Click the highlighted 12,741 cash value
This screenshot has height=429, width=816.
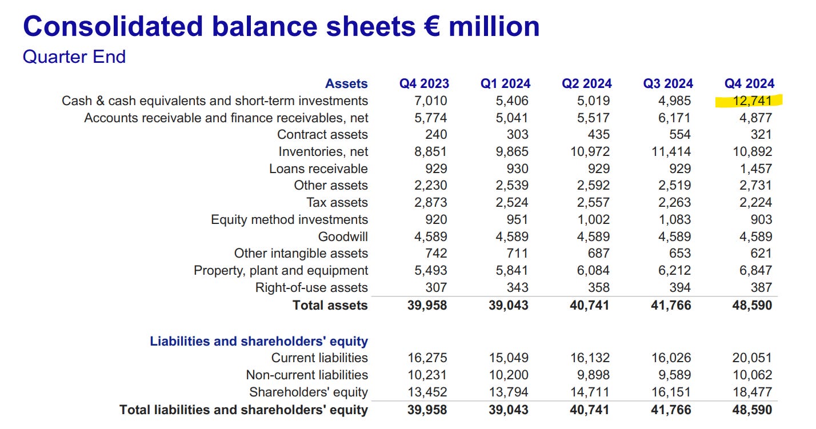click(752, 101)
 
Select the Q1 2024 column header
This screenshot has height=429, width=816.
click(505, 84)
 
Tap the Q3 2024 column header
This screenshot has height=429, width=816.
click(668, 84)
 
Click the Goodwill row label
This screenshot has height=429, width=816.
click(343, 236)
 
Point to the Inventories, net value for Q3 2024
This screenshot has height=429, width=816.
click(671, 151)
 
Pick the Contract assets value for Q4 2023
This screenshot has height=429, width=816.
click(436, 135)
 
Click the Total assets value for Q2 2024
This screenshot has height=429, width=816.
click(589, 305)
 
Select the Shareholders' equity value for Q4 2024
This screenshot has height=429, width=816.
click(752, 392)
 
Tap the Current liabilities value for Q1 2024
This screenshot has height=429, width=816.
click(509, 358)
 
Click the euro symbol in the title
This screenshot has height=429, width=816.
click(433, 27)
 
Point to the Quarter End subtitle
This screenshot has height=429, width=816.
click(74, 57)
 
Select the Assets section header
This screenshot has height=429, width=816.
click(346, 84)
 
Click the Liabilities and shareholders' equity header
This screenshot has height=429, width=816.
click(259, 341)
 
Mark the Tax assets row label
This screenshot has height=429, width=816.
click(337, 202)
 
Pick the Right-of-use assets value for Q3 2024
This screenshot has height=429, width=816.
click(680, 288)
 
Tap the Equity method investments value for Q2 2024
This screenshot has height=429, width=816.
click(593, 219)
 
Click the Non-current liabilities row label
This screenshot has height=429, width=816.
click(307, 375)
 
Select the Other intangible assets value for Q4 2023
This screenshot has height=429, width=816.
click(436, 254)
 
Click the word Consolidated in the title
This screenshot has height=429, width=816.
click(113, 27)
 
